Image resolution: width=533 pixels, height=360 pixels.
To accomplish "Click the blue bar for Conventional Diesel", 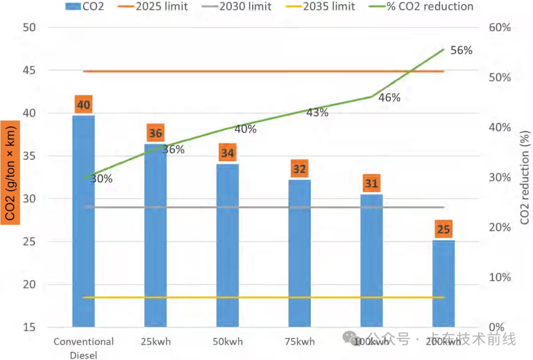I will (x=83, y=222).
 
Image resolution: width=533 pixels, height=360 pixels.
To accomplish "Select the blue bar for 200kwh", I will (x=443, y=284).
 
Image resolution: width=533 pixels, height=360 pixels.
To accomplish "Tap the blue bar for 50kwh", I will (x=228, y=247).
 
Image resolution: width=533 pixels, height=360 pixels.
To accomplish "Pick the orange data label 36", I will (x=155, y=134).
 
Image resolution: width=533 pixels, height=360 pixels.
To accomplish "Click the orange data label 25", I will (x=443, y=230).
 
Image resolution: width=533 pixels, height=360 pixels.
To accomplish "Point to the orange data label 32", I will (x=300, y=170).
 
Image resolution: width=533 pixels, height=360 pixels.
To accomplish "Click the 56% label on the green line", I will (x=461, y=50).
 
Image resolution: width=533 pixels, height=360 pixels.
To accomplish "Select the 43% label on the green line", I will (x=317, y=113).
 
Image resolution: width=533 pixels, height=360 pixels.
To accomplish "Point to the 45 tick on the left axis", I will (x=29, y=71).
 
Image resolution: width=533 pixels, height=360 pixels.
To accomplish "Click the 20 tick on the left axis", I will (x=29, y=285).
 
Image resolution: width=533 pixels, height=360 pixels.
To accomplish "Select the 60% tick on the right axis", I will (x=499, y=28).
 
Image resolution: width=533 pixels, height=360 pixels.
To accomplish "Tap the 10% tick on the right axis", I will (x=499, y=278).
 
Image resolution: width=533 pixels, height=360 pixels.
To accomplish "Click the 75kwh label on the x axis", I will (x=300, y=341).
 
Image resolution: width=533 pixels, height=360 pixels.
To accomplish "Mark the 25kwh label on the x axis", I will (x=155, y=341).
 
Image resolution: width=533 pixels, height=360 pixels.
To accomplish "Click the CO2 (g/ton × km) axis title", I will (x=10, y=173).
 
